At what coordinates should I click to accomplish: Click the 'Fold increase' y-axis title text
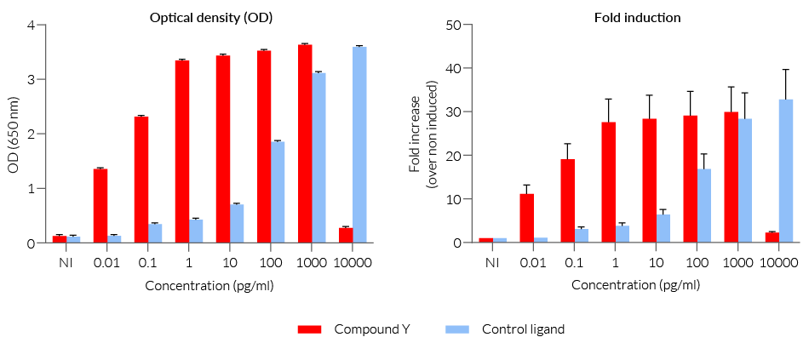(415, 134)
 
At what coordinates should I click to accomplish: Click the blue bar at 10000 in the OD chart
(359, 145)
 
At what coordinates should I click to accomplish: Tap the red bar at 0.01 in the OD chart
(100, 205)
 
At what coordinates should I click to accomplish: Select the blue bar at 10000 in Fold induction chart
(786, 171)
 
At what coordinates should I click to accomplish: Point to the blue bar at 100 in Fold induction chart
(704, 205)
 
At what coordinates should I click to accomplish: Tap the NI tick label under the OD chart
(66, 263)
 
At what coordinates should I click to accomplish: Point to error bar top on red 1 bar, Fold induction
(609, 99)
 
